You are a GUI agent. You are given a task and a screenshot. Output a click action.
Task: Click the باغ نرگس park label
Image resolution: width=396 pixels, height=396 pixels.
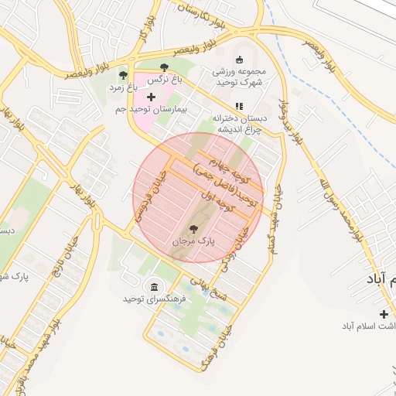click(165, 79)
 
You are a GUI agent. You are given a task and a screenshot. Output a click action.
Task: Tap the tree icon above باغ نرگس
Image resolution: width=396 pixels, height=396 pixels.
click(165, 67)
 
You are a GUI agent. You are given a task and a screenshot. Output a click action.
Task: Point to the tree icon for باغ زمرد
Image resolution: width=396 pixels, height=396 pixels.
click(123, 75)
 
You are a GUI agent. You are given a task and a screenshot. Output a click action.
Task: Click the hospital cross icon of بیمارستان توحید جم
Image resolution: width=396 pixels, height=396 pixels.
click(150, 97)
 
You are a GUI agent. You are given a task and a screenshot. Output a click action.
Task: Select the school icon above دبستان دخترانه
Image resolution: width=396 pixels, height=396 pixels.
click(238, 106)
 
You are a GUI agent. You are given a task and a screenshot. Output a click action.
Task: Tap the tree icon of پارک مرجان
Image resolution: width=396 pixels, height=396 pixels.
click(193, 229)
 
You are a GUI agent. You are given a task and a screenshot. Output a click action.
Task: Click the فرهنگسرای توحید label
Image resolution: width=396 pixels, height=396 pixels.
click(152, 299)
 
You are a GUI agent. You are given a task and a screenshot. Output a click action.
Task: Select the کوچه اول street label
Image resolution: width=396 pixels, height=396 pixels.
click(216, 204)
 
